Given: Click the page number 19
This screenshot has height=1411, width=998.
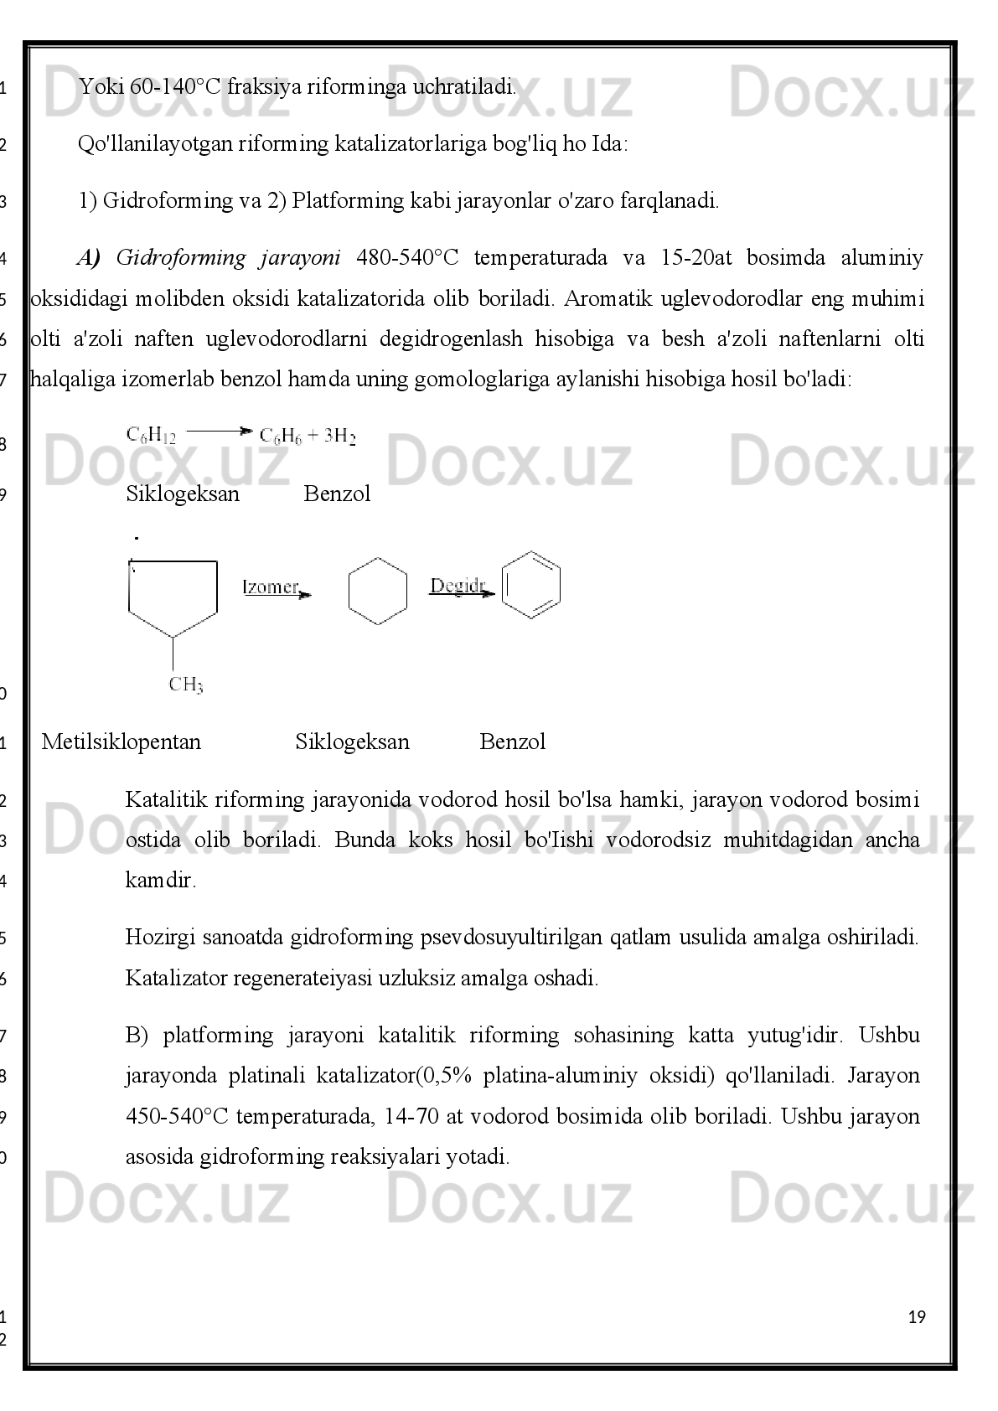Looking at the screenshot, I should point(917,1317).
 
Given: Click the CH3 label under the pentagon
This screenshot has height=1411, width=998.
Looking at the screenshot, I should point(185,685).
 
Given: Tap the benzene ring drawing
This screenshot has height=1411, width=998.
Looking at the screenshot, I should point(531,585).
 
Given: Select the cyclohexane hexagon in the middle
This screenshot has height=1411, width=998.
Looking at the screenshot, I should point(377,591).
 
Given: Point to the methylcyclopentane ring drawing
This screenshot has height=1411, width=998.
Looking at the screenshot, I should point(173,597).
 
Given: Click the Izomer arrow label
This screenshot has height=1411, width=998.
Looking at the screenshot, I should point(271,587).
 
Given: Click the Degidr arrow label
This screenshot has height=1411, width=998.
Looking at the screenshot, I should point(458,585).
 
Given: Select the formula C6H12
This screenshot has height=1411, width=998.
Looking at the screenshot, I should point(151,436).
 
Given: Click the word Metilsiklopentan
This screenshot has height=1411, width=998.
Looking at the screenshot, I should point(122,742).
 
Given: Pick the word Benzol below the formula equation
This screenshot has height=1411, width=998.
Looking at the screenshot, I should point(337,494).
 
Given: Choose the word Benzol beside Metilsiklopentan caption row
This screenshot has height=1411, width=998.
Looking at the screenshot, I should point(513,742).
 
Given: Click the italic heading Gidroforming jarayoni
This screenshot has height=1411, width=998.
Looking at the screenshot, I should point(227,257).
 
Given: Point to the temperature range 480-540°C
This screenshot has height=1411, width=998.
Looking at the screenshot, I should point(407,257).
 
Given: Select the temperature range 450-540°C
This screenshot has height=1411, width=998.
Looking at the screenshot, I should point(177,1116).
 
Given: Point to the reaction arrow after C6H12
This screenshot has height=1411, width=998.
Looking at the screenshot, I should point(218,432).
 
